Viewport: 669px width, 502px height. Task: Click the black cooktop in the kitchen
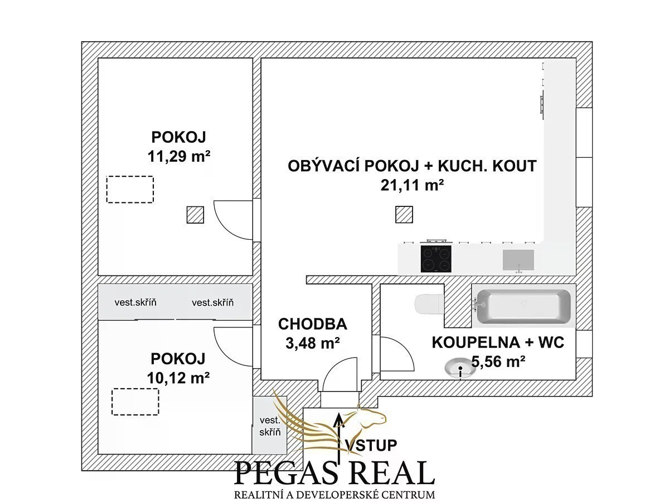click(436, 258)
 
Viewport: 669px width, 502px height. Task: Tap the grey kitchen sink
click(518, 260)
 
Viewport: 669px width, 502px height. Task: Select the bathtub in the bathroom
click(523, 306)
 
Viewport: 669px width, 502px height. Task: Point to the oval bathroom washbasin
click(460, 369)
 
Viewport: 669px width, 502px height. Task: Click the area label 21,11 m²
click(412, 185)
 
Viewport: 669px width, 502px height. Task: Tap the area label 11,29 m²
click(179, 156)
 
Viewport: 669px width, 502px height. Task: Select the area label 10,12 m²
click(178, 378)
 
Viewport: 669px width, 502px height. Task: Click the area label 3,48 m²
click(313, 343)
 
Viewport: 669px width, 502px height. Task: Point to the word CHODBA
click(313, 324)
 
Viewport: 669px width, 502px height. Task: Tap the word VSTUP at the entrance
click(371, 446)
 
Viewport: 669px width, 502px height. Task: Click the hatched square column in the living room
click(404, 214)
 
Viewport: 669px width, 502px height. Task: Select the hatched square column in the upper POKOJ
click(195, 215)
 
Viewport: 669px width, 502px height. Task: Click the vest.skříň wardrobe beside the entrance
click(270, 426)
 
